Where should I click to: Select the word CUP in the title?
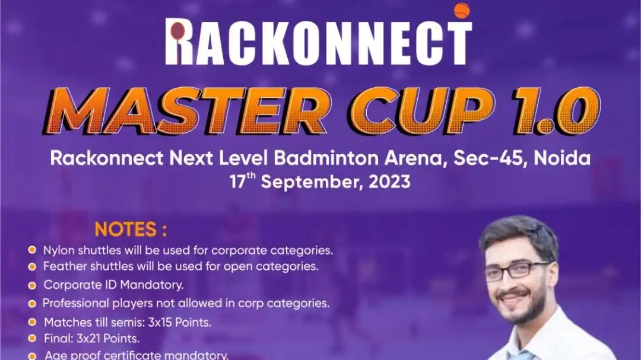pos(422,111)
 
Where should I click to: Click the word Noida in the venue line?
pos(562,158)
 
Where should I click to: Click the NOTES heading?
pos(131,230)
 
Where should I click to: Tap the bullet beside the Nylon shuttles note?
pos(32,250)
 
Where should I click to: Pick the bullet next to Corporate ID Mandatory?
pos(32,285)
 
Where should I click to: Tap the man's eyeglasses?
pos(516,270)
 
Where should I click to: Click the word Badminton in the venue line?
pos(326,158)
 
